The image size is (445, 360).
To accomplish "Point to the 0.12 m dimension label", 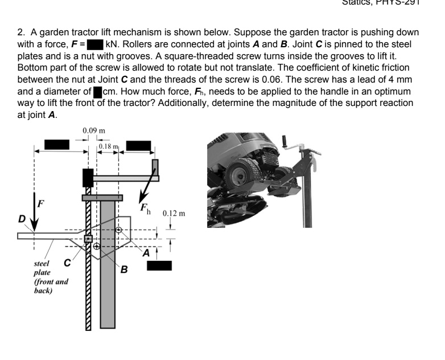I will coord(174,215).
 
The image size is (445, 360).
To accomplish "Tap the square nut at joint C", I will coord(88,238).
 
